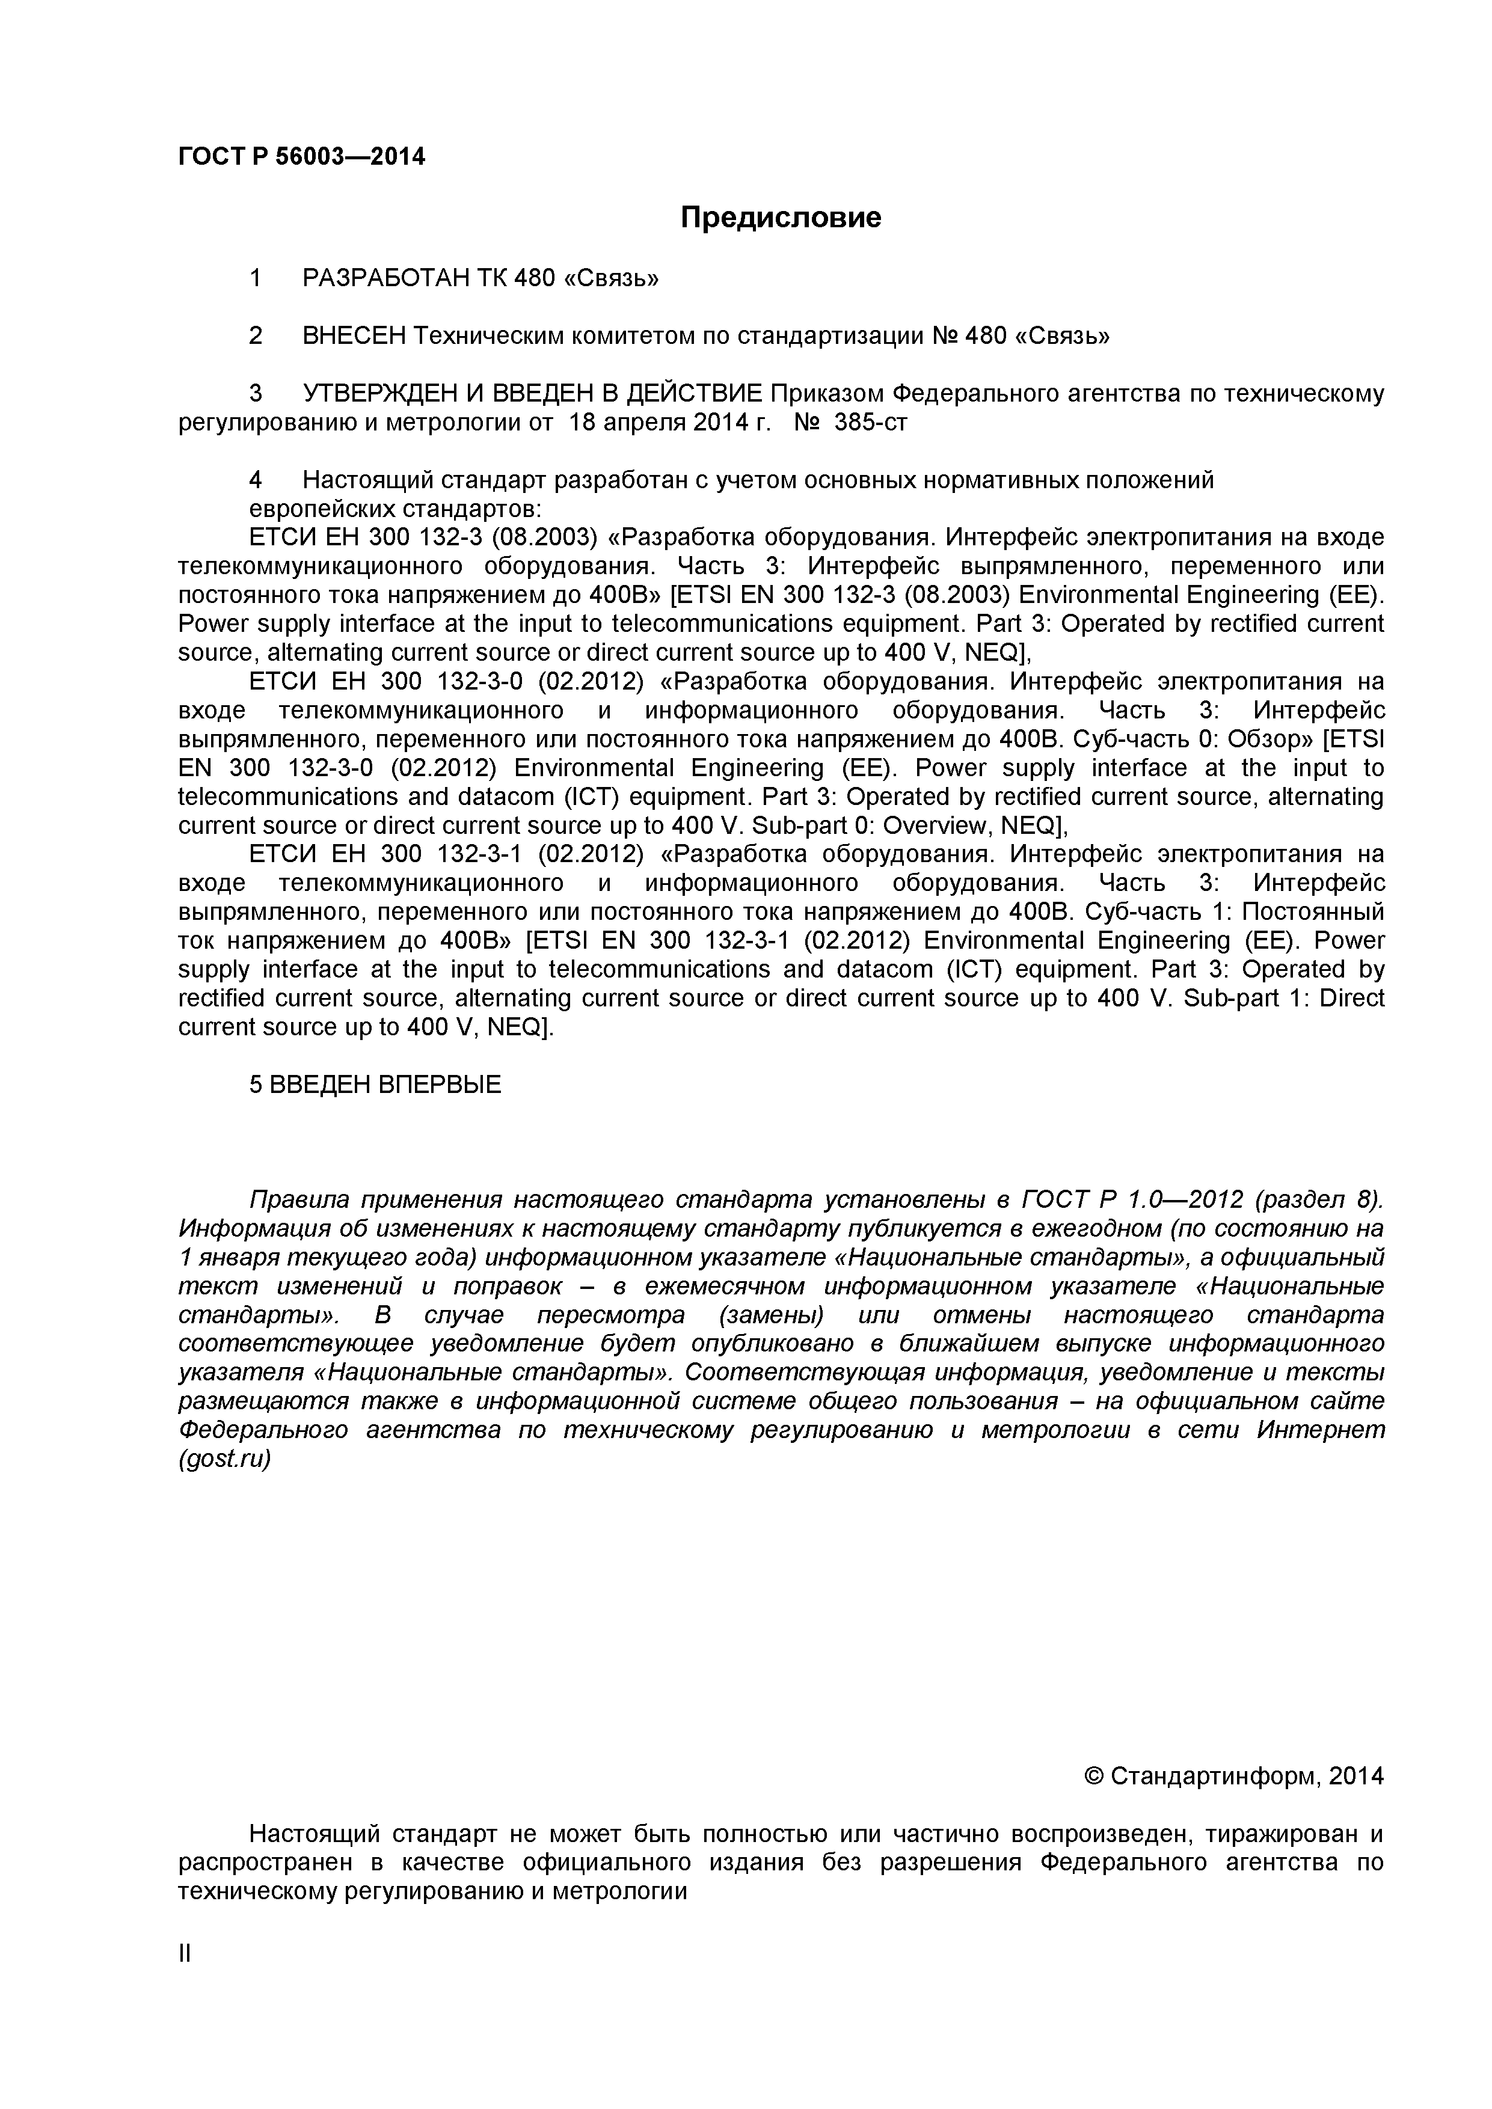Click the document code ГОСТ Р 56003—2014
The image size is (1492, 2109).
(301, 157)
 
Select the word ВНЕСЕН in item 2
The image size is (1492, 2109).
(354, 335)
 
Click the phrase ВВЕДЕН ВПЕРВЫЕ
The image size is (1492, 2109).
(386, 1085)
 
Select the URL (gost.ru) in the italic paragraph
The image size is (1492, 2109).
(224, 1460)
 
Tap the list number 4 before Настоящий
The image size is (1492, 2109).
(256, 480)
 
